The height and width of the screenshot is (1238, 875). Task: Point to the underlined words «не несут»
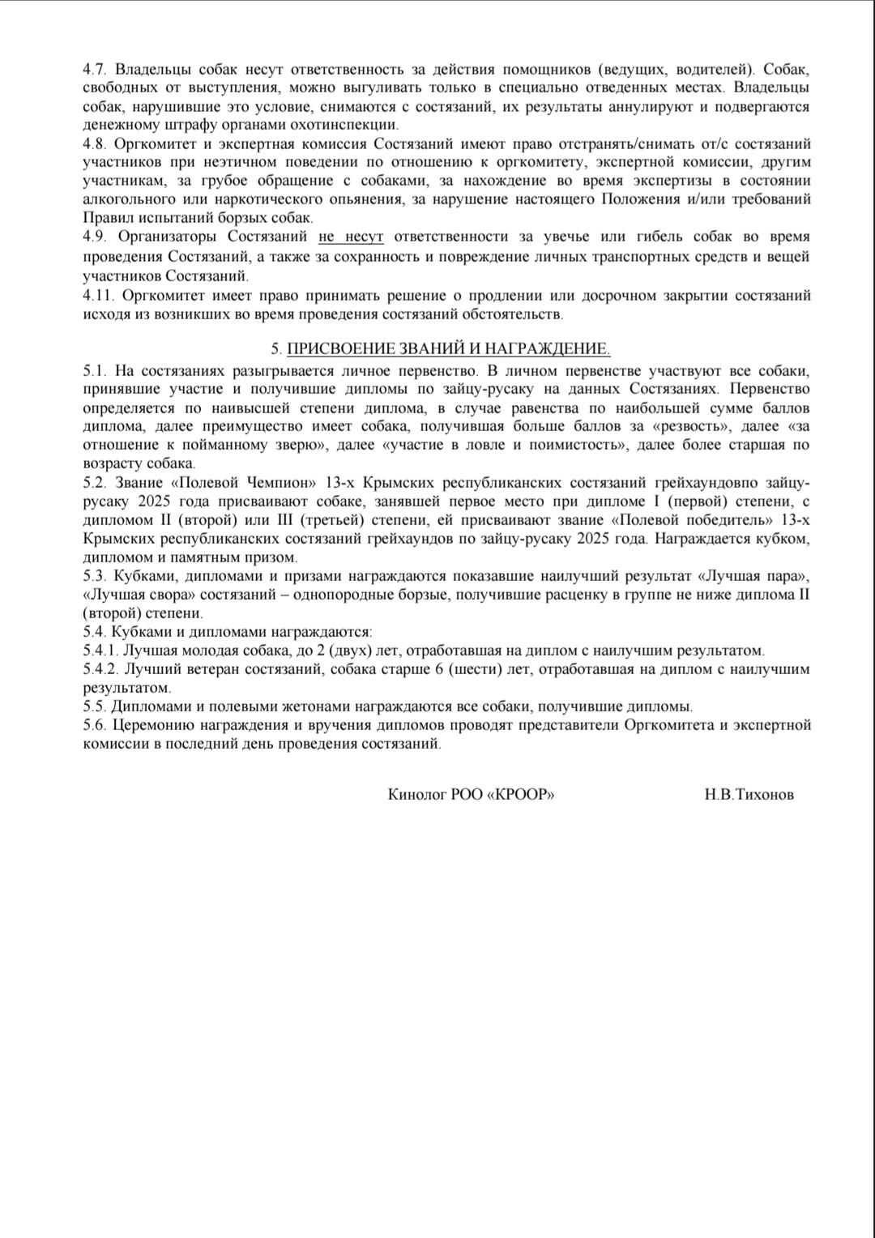351,237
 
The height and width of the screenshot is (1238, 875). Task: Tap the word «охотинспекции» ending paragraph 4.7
350,126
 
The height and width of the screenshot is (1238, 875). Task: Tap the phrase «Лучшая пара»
750,577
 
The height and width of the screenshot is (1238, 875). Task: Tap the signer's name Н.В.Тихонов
749,795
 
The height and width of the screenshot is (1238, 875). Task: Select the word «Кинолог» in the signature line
417,795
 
